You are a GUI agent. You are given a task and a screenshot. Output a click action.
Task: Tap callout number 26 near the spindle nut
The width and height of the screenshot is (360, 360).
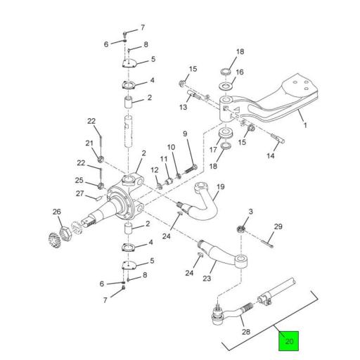pyautogui.click(x=57, y=212)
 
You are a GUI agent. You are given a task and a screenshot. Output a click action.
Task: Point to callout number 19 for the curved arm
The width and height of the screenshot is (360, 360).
pyautogui.click(x=220, y=187)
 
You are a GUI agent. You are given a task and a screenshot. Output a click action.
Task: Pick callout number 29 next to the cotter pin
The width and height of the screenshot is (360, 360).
pyautogui.click(x=278, y=226)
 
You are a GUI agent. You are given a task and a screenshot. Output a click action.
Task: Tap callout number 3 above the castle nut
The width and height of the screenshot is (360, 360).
pyautogui.click(x=251, y=211)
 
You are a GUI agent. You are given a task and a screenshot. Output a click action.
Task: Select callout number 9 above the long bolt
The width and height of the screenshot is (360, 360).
pyautogui.click(x=186, y=134)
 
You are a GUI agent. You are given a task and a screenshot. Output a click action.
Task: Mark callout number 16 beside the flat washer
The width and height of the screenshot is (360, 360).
pyautogui.click(x=240, y=72)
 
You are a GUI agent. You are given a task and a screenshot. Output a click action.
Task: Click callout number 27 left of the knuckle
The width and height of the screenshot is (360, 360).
pyautogui.click(x=80, y=194)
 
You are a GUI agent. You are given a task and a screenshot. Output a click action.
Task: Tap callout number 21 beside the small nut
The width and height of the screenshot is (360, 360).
pyautogui.click(x=89, y=143)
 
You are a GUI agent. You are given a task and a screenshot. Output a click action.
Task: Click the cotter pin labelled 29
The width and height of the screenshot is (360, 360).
pyautogui.click(x=271, y=243)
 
